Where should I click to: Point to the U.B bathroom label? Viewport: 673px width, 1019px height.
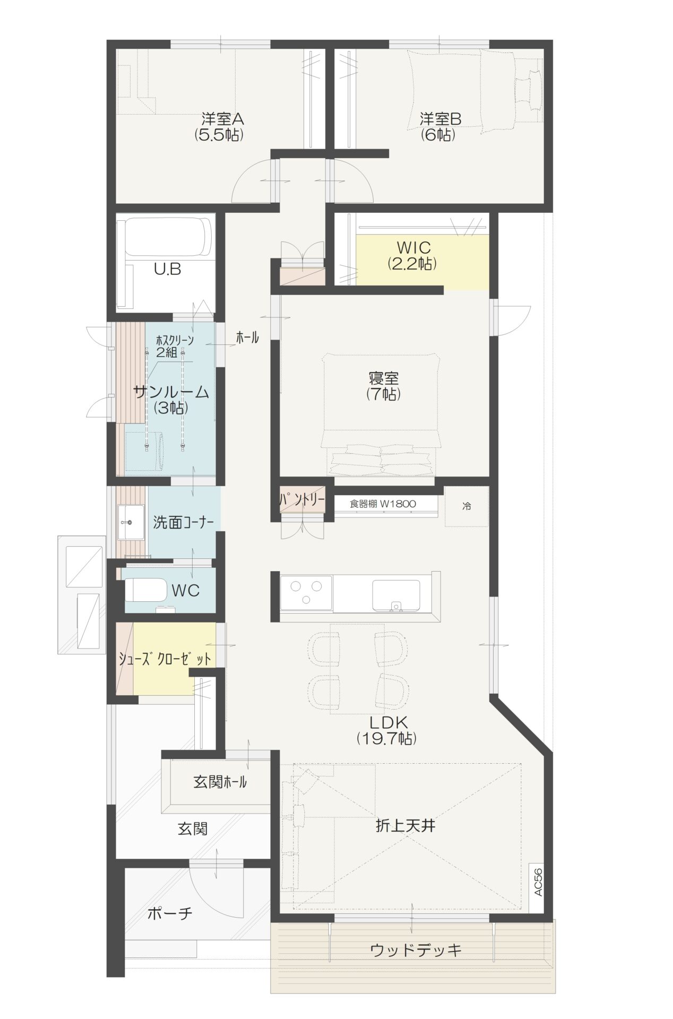(167, 269)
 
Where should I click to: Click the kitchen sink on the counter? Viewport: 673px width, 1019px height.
(396, 595)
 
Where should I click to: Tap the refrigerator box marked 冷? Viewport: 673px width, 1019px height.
(466, 506)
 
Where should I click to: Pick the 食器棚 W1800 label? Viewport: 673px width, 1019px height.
(382, 504)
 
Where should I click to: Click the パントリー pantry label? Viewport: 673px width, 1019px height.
(302, 499)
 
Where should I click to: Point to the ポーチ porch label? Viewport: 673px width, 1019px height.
(169, 913)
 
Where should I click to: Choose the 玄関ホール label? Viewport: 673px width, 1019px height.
(220, 782)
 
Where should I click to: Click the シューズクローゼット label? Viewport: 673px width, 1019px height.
(165, 659)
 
